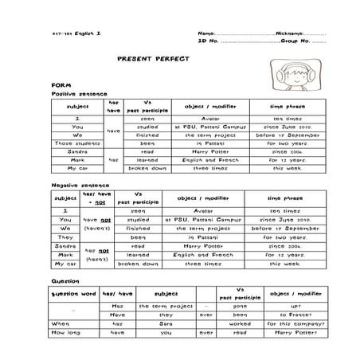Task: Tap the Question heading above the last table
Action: coord(63,282)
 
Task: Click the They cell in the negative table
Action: coord(66,237)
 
